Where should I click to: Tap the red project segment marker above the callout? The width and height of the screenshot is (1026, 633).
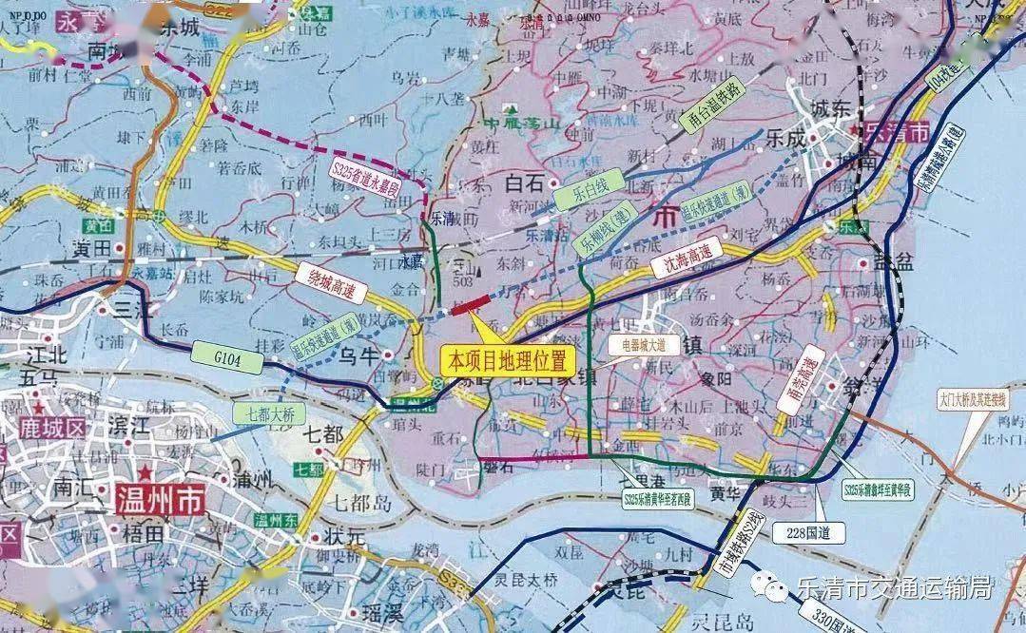tap(472, 304)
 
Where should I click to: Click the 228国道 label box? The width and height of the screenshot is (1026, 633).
tap(809, 532)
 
